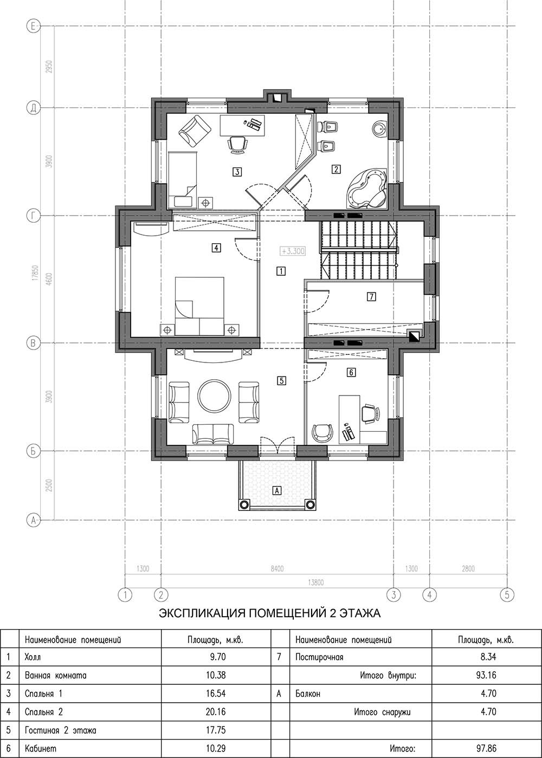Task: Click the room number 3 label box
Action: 237,172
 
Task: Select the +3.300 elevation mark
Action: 293,251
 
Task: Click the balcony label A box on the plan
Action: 277,490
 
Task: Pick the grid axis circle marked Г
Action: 33,216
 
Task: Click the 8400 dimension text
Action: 277,568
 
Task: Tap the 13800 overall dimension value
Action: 315,582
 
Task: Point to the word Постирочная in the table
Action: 319,657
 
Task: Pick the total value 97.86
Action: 488,748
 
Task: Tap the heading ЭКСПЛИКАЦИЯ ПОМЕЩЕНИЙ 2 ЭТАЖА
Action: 270,613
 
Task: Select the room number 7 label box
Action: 371,297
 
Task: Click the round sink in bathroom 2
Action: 380,128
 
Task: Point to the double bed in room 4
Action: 199,306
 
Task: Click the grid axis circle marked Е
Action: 33,26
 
